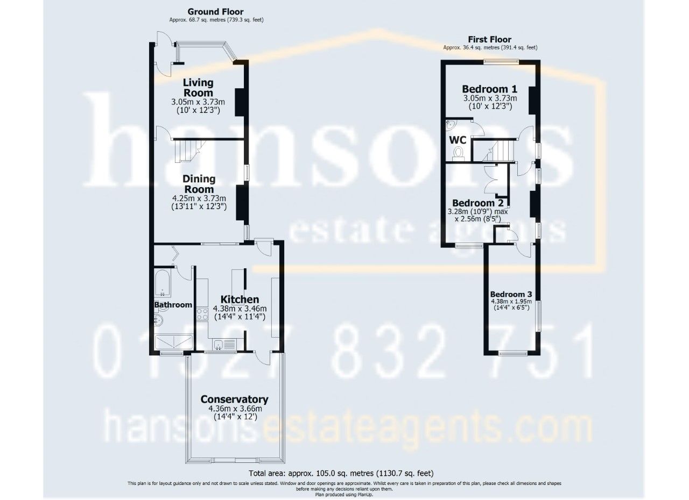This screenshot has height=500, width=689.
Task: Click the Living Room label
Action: pos(198,88)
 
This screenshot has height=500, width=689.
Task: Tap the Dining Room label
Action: pos(198,184)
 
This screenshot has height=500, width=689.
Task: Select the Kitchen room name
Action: pos(240,299)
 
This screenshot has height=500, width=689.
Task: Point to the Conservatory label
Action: pos(234,399)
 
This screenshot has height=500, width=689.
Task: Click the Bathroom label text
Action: pos(173,305)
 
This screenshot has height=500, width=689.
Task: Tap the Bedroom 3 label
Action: pos(511,294)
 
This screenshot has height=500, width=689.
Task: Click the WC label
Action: pos(458,140)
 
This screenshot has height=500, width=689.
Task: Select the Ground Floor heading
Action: pos(215,11)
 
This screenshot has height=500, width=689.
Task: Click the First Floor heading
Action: pos(490,39)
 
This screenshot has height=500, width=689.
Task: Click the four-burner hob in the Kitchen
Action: pos(202,313)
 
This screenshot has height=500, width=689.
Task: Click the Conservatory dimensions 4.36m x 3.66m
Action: pos(235,409)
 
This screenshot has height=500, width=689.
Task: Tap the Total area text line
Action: pos(341,474)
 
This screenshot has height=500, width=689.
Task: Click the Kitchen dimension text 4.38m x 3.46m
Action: pos(240,309)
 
